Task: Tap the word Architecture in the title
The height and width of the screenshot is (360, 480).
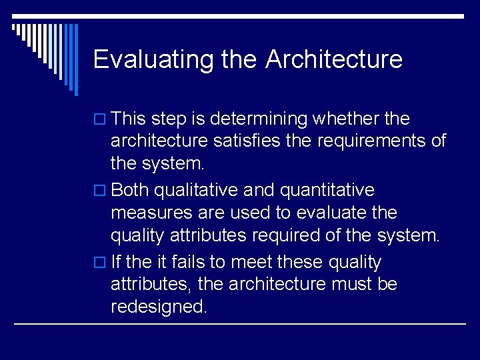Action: click(x=334, y=59)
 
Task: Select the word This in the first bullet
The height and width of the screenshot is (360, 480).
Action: click(x=129, y=119)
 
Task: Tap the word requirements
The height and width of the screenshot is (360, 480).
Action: click(x=372, y=141)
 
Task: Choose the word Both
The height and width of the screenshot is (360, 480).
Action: click(x=131, y=190)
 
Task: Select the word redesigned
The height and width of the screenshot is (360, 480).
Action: click(x=159, y=307)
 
